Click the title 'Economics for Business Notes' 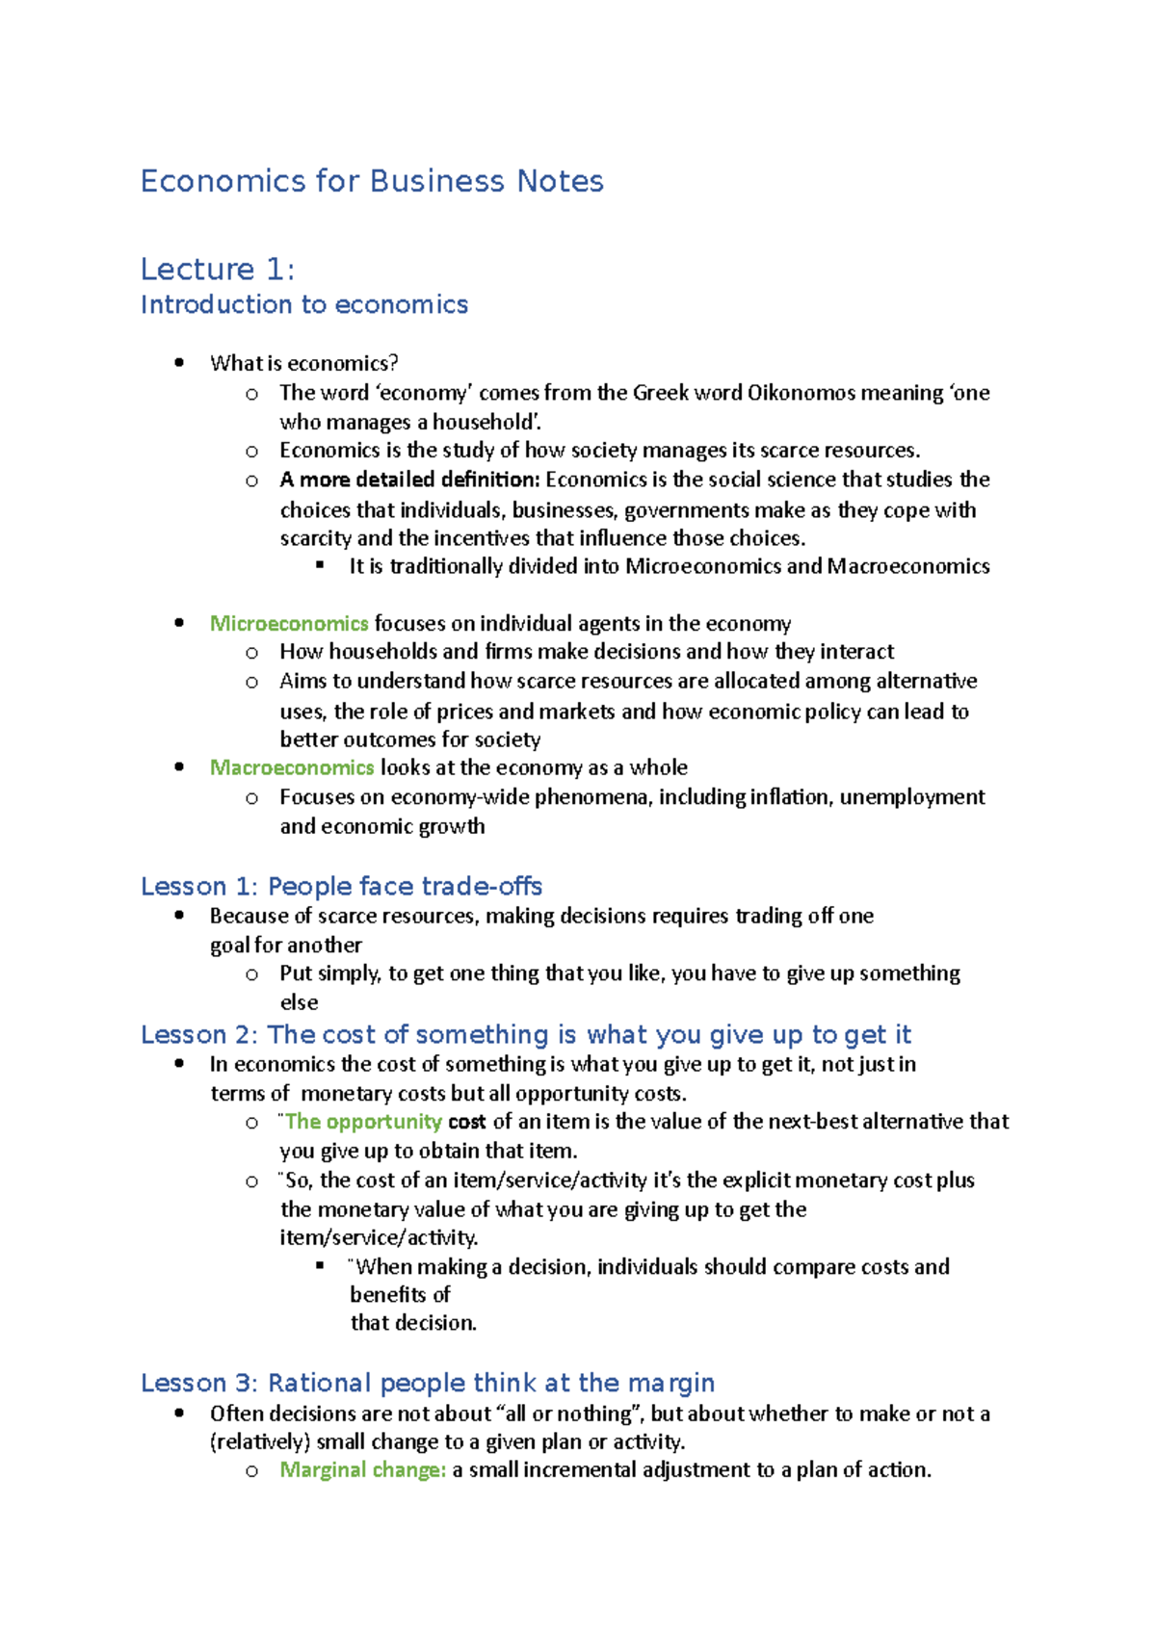tap(372, 181)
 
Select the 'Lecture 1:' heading tap(217, 269)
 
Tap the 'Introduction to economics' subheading tap(304, 304)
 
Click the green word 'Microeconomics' tap(289, 623)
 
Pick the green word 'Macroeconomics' tap(292, 767)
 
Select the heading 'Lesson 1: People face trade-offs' tap(341, 886)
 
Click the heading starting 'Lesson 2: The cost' tap(525, 1034)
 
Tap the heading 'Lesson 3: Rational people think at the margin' tap(428, 1383)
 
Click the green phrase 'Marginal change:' tap(362, 1469)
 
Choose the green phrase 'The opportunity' tap(363, 1122)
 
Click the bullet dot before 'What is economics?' tap(179, 363)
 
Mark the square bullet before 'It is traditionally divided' tap(320, 566)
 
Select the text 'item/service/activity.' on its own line tap(379, 1237)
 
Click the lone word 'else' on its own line tap(299, 1002)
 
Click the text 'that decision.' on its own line tap(413, 1323)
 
